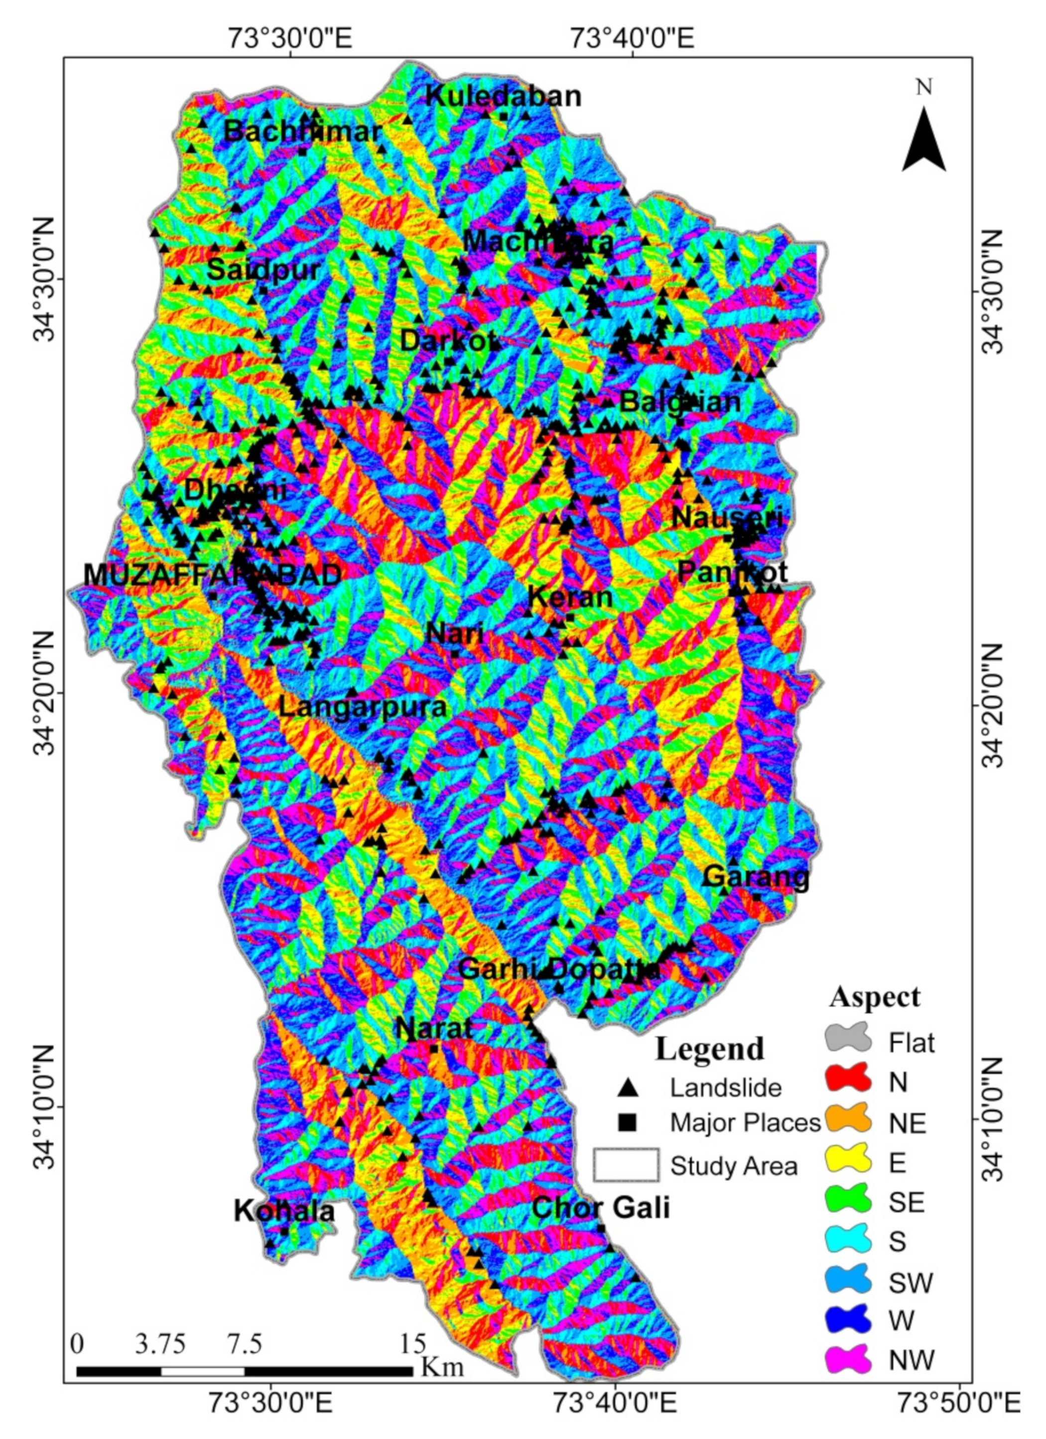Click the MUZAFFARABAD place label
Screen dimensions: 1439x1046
pyautogui.click(x=213, y=575)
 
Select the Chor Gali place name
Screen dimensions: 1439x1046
pyautogui.click(x=600, y=1207)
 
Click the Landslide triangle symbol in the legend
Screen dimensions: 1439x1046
pyautogui.click(x=629, y=1088)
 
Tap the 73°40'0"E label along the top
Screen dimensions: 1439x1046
pyautogui.click(x=632, y=39)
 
